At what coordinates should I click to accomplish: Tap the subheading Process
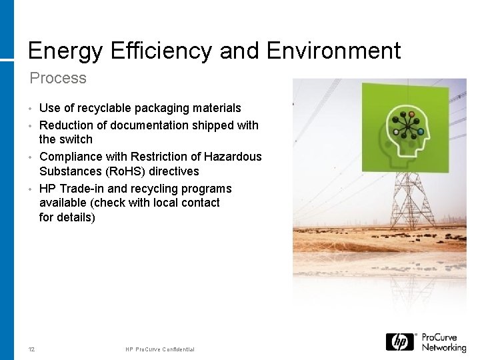58,78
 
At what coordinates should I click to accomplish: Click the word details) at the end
76,217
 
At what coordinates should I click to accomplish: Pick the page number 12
32,349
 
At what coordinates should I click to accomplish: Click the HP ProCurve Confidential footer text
160,349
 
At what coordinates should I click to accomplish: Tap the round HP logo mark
400,342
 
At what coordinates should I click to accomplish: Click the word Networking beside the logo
444,347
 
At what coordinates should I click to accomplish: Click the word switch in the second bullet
75,139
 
